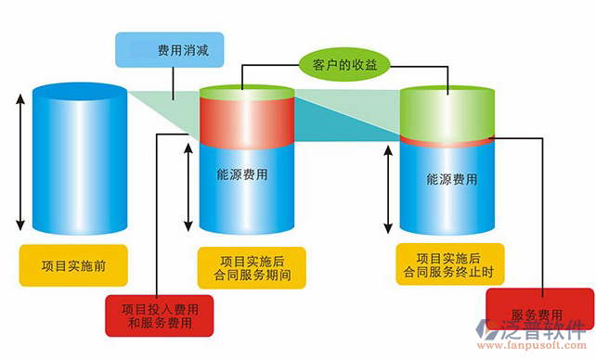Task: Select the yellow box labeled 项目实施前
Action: pyautogui.click(x=73, y=265)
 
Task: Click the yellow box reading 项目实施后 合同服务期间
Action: pyautogui.click(x=248, y=267)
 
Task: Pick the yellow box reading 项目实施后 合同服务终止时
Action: pyautogui.click(x=448, y=264)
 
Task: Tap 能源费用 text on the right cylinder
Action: pyautogui.click(x=451, y=179)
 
